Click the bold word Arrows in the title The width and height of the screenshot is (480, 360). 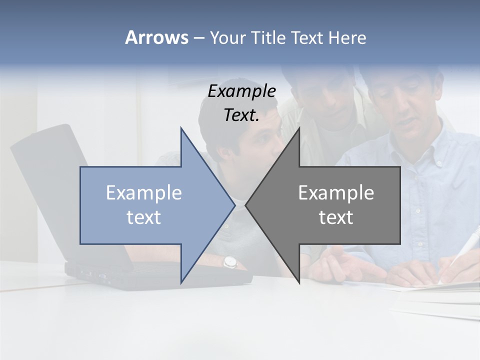click(157, 37)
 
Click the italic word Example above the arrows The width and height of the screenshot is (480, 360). click(241, 91)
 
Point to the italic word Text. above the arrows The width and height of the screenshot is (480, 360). click(241, 115)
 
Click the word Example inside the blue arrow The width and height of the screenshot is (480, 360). click(143, 193)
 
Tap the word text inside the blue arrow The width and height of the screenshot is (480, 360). click(143, 217)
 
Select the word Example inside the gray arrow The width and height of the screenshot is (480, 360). click(336, 193)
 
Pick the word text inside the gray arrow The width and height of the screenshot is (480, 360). click(336, 217)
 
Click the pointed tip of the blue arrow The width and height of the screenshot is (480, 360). click(234, 205)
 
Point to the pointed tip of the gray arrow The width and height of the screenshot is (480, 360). click(246, 205)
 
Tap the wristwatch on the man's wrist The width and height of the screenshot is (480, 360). click(229, 261)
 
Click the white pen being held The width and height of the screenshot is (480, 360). click(457, 252)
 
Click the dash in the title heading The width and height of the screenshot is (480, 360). click(198, 38)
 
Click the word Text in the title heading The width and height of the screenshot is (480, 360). click(306, 37)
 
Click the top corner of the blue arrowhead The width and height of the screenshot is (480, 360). click(181, 128)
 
